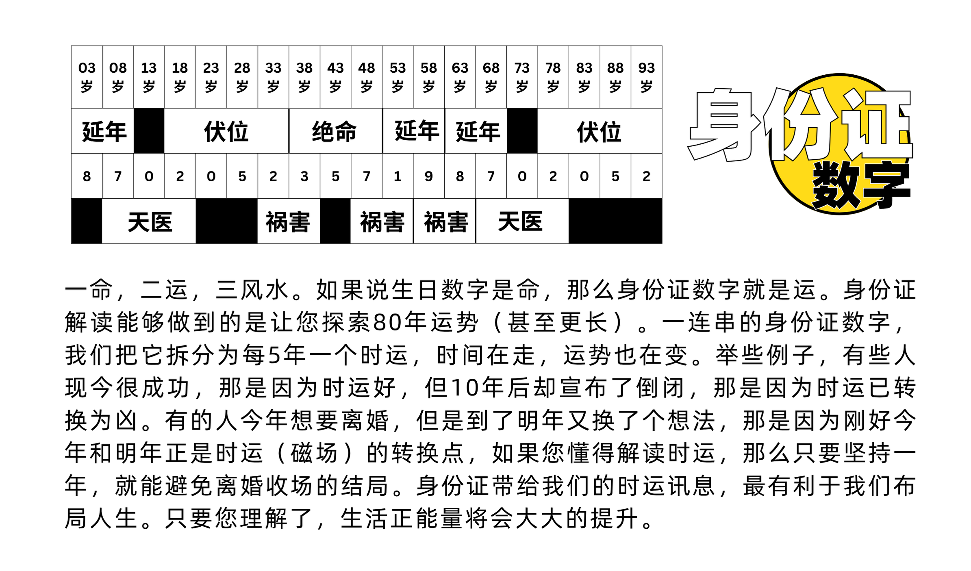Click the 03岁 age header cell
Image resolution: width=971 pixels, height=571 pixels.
(87, 77)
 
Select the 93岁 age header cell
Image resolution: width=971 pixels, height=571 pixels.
(646, 77)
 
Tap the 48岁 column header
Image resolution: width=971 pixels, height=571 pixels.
(366, 77)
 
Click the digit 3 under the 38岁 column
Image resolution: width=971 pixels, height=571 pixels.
(304, 176)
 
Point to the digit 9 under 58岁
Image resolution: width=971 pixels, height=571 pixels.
(428, 176)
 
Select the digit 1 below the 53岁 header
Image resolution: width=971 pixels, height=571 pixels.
(398, 176)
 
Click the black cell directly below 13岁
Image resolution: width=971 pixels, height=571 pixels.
(149, 131)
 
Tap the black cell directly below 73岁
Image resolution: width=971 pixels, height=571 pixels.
(522, 131)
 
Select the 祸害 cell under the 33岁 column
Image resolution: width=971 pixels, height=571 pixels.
(288, 222)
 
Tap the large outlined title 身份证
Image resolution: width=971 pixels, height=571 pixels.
(799, 124)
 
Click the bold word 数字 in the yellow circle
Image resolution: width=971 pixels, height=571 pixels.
(860, 185)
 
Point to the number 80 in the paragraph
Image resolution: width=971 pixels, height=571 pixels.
(387, 323)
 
